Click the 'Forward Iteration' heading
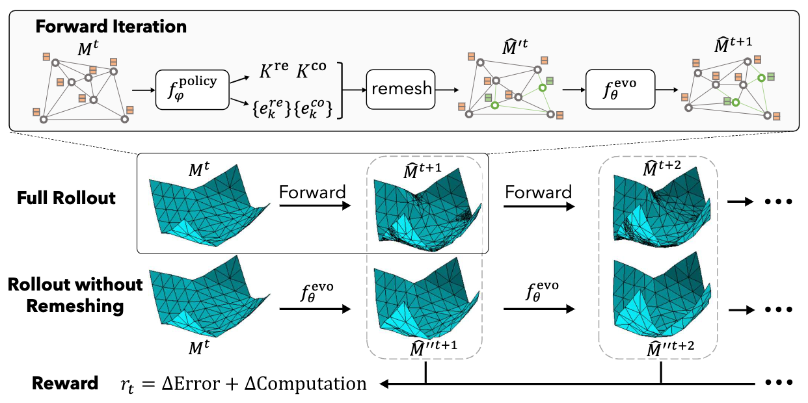111,27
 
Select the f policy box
193,90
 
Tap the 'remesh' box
402,88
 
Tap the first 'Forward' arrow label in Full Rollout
313,192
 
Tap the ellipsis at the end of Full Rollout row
775,201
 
